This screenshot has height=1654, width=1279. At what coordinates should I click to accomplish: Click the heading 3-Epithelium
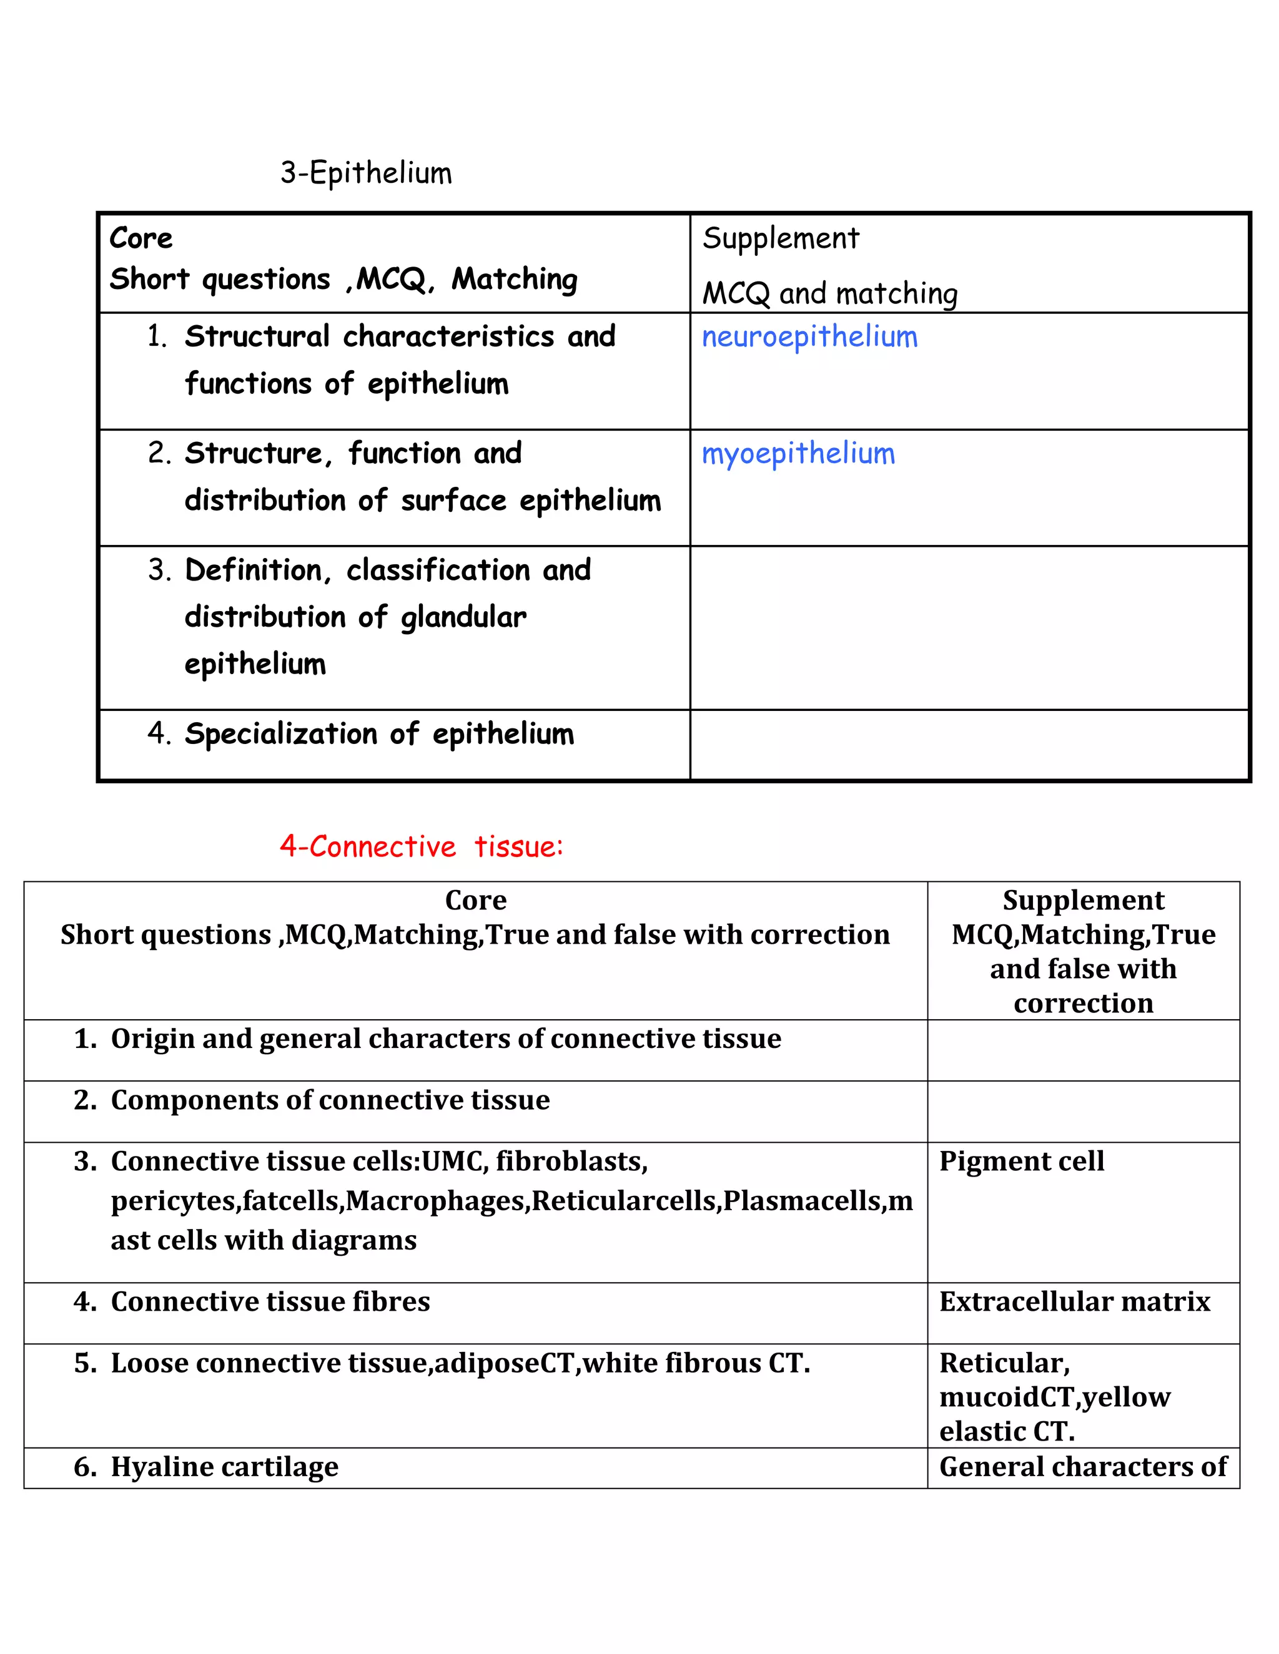coord(366,173)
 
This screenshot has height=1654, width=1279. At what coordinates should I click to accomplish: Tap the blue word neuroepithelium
coord(809,337)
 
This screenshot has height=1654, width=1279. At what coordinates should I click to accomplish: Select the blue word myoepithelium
coord(798,454)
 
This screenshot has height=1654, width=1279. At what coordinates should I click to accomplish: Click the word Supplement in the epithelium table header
coord(781,238)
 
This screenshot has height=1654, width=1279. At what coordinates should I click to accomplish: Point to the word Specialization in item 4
coord(281,734)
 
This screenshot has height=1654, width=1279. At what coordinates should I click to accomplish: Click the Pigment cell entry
coord(1021,1161)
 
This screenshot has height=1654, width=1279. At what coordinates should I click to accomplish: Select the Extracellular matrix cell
coord(1074,1301)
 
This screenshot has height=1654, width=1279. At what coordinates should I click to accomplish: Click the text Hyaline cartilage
coord(224,1466)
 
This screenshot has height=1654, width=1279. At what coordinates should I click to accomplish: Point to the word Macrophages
coord(437,1200)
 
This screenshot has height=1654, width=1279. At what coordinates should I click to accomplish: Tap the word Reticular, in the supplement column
coord(1005,1363)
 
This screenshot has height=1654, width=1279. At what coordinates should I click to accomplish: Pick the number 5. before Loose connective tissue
coord(85,1363)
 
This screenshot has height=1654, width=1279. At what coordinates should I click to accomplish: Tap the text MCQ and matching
coord(830,293)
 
